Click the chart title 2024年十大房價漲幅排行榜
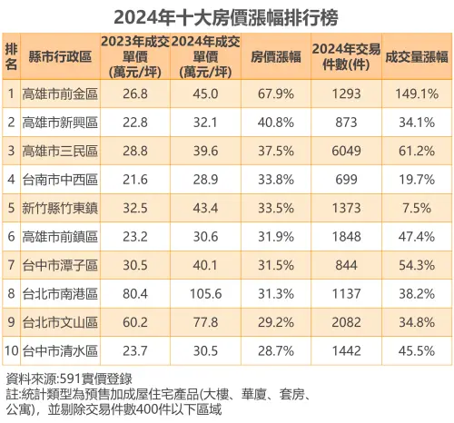(226, 16)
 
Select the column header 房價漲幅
(273, 55)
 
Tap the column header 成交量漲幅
(416, 55)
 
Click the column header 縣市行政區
(59, 55)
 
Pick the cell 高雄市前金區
(59, 92)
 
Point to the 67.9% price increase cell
(273, 92)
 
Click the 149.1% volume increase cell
(416, 92)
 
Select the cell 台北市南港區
(59, 295)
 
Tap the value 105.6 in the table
(205, 295)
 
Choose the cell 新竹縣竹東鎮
(59, 208)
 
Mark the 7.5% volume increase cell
(416, 208)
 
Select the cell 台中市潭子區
(59, 266)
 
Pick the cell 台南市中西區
(59, 179)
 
